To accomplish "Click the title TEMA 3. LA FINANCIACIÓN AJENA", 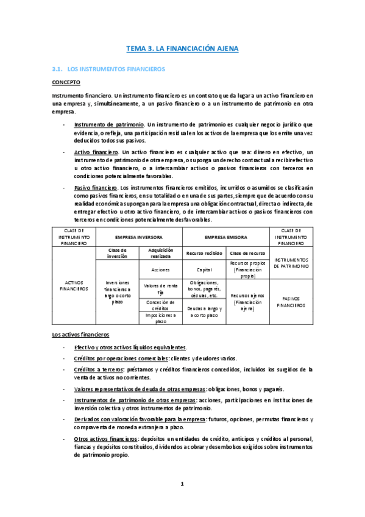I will pyautogui.click(x=182, y=48).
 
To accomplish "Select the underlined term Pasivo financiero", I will pyautogui.click(x=96, y=187).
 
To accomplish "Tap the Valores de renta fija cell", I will pyautogui.click(x=161, y=288).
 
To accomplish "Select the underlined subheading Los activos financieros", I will pyautogui.click(x=80, y=335).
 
